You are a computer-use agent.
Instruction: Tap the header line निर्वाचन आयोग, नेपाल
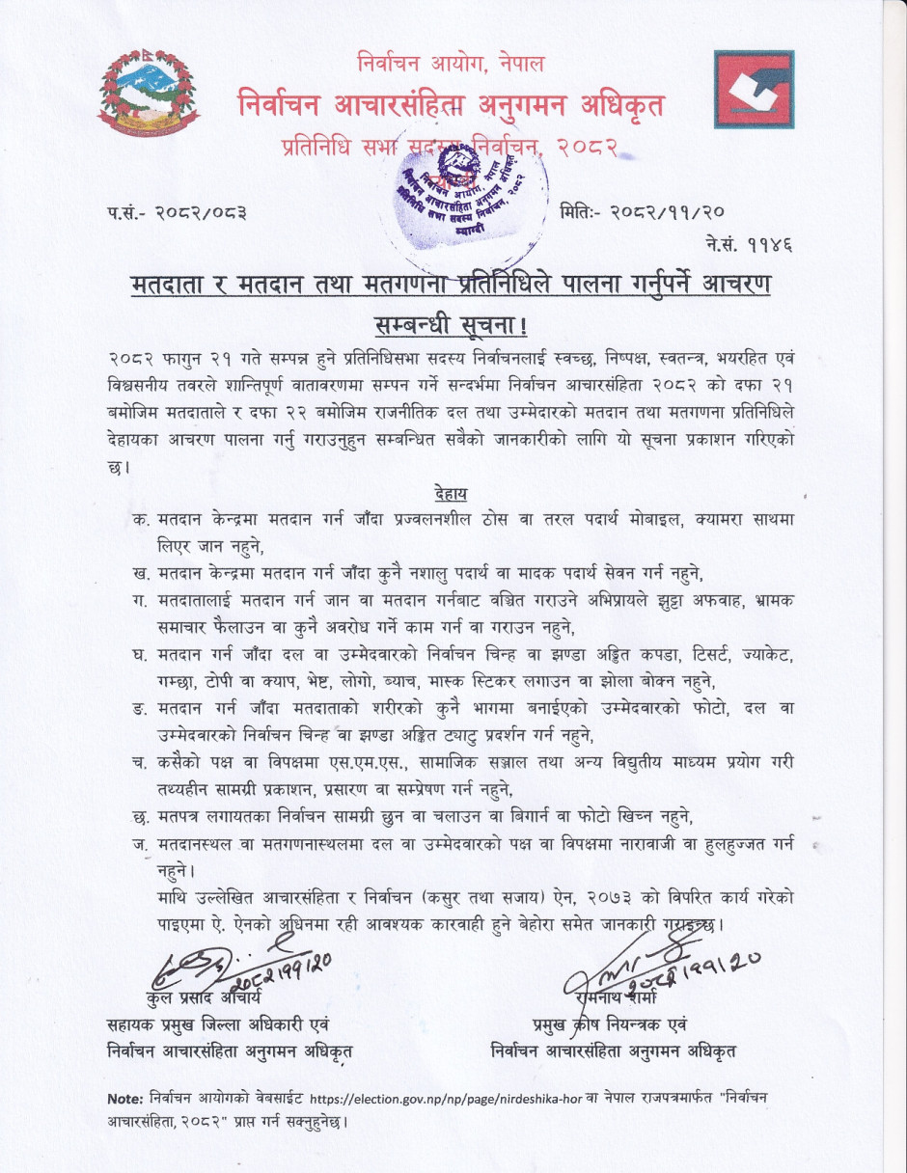[x=450, y=65]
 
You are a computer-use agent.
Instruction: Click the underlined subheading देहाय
[x=451, y=494]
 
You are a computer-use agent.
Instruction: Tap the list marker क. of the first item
[x=141, y=519]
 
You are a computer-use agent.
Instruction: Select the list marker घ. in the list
[x=141, y=656]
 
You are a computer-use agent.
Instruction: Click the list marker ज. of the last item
[x=141, y=847]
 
